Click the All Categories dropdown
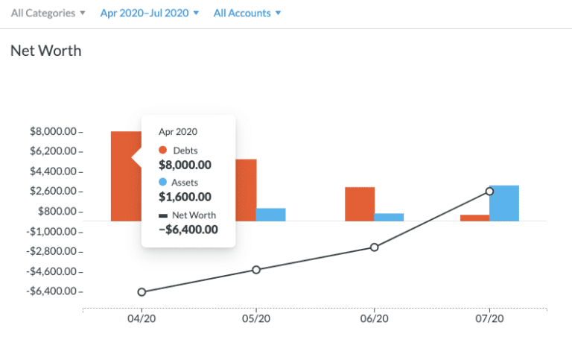pyautogui.click(x=48, y=13)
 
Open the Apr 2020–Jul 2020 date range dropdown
pyautogui.click(x=150, y=13)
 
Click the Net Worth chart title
pyautogui.click(x=45, y=51)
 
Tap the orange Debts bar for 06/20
pyautogui.click(x=360, y=203)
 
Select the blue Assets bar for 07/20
pyautogui.click(x=504, y=203)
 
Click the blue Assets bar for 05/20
pyautogui.click(x=270, y=215)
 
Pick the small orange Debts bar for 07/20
pyautogui.click(x=474, y=218)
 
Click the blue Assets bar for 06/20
pyautogui.click(x=389, y=217)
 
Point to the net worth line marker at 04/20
pyautogui.click(x=142, y=292)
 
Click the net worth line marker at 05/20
pyautogui.click(x=256, y=270)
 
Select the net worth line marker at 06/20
pyautogui.click(x=375, y=247)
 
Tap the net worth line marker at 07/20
pyautogui.click(x=489, y=192)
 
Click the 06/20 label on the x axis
pyautogui.click(x=374, y=318)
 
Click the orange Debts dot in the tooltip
pyautogui.click(x=163, y=151)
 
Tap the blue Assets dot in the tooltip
pyautogui.click(x=163, y=183)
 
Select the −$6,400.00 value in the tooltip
pyautogui.click(x=188, y=230)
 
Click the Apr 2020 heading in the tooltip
pyautogui.click(x=177, y=132)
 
